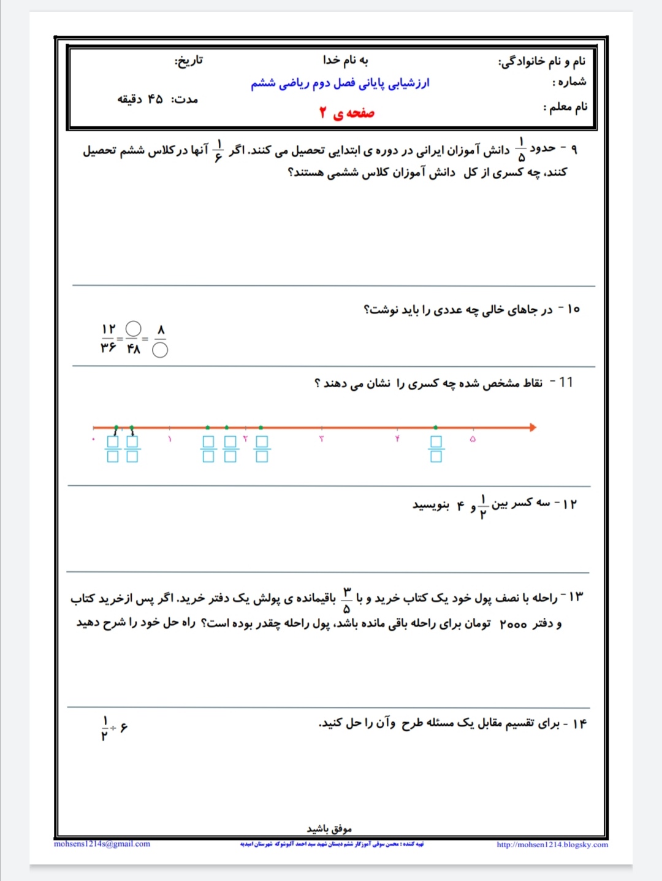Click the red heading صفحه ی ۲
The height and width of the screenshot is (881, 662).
346,113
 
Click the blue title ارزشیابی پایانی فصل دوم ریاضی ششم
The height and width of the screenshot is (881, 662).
340,83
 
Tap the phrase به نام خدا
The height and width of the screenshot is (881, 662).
346,60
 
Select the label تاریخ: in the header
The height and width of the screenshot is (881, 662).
189,60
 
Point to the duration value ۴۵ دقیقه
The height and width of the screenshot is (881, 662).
140,99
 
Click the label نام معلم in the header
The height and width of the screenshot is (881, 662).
565,107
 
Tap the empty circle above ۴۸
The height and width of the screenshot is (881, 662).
133,329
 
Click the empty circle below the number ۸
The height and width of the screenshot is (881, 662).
160,350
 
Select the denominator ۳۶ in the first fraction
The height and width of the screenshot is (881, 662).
108,348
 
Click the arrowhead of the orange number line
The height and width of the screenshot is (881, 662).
533,427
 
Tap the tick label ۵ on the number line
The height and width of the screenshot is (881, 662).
473,439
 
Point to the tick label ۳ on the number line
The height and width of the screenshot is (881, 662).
321,439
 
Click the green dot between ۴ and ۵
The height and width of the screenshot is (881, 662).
436,427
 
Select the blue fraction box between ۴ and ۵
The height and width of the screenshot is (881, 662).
436,448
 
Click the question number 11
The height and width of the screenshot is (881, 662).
566,382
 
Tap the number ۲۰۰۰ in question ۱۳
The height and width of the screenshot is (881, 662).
513,624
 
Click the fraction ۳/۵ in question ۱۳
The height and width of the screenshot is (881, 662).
346,600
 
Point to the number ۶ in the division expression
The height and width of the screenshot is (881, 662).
124,728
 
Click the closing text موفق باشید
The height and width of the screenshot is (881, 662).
329,829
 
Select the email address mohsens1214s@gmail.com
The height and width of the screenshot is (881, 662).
102,844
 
